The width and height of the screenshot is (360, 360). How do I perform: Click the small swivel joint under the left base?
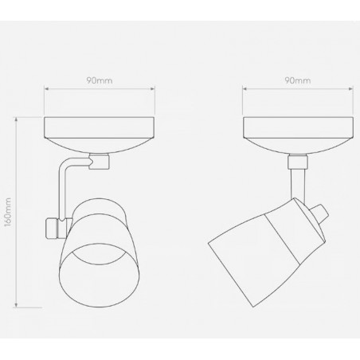coord(98,162)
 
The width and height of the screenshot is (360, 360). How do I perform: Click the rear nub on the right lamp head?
coord(321,213)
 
